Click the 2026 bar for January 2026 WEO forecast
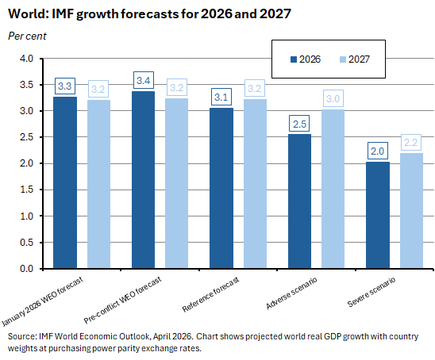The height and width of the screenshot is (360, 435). (x=65, y=182)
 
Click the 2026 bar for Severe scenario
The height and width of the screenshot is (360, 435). (x=378, y=215)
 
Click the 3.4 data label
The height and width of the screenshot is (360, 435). (x=144, y=80)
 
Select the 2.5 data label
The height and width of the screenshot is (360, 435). (x=299, y=124)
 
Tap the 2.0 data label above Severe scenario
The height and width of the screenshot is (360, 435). (x=378, y=151)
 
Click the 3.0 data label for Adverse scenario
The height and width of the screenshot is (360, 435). (x=333, y=98)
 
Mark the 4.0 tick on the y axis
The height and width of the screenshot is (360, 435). (x=26, y=59)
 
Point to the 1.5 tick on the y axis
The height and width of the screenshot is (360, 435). (x=26, y=190)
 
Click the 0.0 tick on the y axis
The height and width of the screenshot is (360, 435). (x=26, y=268)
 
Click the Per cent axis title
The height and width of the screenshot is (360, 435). (x=27, y=36)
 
